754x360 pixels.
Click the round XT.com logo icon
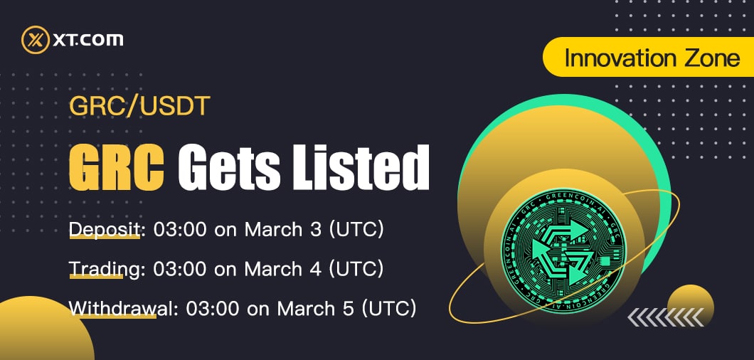pos(36,39)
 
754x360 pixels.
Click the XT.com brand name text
pos(88,39)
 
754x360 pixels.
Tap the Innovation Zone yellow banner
pos(648,57)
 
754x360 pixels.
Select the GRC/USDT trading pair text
pos(139,107)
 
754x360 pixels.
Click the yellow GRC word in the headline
pos(117,166)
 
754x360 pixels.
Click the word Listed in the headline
pos(360,166)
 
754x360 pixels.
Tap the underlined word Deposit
pos(105,230)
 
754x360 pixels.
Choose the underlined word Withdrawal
pos(112,308)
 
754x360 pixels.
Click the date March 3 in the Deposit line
pos(283,230)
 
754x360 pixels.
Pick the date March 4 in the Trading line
pos(283,268)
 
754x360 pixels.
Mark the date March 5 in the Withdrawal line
pos(315,308)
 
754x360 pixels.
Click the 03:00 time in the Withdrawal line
pos(213,308)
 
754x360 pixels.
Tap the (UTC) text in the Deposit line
pos(356,230)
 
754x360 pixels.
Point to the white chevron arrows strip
pos(666,317)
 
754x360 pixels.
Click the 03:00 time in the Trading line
pos(180,268)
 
